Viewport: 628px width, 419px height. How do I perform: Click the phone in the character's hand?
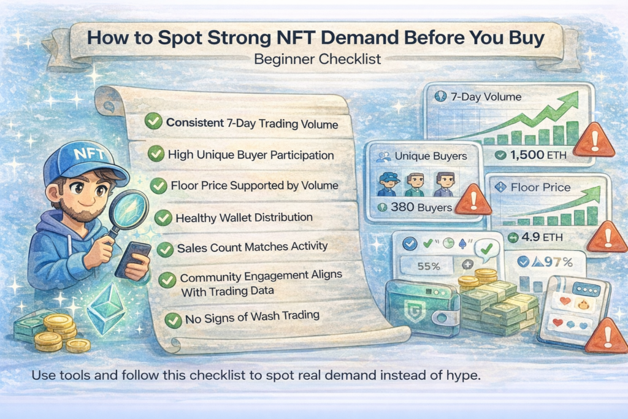[x=132, y=258]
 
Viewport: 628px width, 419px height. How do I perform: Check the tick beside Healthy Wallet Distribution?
[x=163, y=217]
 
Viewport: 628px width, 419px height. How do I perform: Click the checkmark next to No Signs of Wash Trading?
[x=174, y=319]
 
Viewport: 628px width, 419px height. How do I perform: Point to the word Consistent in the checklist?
[x=194, y=123]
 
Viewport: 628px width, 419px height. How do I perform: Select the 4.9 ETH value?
[x=534, y=236]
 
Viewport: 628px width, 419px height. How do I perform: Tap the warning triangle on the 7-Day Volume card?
[x=593, y=141]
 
